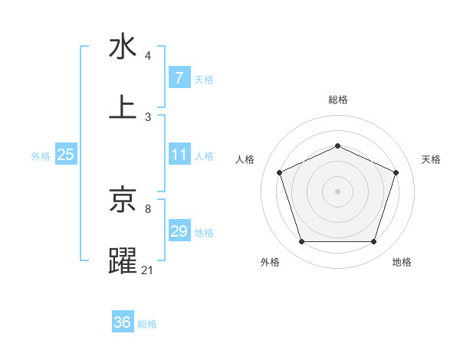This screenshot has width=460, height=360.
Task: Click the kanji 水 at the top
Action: [x=123, y=47]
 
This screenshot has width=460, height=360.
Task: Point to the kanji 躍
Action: [x=123, y=260]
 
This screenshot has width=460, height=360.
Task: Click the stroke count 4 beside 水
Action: [x=147, y=56]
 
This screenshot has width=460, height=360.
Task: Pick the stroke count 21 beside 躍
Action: [x=148, y=270]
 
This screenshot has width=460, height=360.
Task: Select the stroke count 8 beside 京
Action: [x=147, y=208]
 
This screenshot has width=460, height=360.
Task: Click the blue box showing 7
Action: [x=179, y=77]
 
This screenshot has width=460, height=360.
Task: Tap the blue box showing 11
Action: [x=179, y=155]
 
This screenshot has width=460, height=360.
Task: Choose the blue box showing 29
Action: [x=179, y=231]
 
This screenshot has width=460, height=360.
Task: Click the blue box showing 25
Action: [x=65, y=155]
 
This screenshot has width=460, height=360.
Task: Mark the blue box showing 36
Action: [x=123, y=322]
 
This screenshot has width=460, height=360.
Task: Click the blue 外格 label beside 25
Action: [x=41, y=156]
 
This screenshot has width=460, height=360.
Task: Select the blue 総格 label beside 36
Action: [x=147, y=324]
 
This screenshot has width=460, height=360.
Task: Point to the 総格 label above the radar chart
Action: [x=337, y=100]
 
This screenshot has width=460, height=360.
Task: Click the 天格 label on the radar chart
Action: [x=431, y=159]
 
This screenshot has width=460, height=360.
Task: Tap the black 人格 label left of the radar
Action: [x=245, y=159]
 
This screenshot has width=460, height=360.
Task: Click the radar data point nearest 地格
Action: [x=373, y=241]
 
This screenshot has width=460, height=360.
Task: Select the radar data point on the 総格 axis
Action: [x=337, y=146]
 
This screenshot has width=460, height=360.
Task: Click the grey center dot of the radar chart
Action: [x=337, y=191]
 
